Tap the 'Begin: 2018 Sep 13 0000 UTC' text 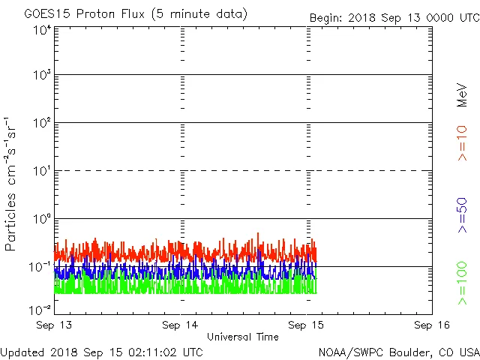[x=394, y=18]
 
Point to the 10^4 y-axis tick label [x=42, y=31]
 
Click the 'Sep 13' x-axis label [x=55, y=325]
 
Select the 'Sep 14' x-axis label [x=180, y=325]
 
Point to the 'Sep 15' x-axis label [x=306, y=325]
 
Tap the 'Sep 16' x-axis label [x=431, y=325]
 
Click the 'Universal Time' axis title [x=243, y=337]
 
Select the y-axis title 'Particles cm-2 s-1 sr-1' [x=12, y=184]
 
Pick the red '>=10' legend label [x=462, y=143]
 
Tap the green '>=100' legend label [x=462, y=283]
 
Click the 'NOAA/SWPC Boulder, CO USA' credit [x=398, y=351]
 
